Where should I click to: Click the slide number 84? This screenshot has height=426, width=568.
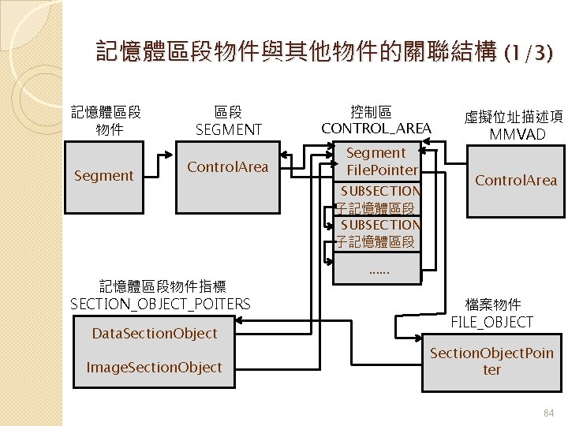click(549, 412)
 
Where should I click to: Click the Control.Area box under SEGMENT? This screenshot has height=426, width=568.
click(227, 167)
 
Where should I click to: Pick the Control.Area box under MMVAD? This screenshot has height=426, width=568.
click(515, 181)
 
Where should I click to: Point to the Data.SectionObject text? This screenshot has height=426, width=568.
click(154, 334)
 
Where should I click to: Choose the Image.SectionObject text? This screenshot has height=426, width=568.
click(154, 367)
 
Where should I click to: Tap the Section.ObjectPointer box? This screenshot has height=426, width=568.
click(491, 361)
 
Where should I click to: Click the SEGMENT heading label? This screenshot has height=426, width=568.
click(228, 129)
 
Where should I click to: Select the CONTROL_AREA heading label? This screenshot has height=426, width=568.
click(376, 128)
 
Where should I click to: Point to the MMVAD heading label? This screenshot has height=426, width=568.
click(517, 134)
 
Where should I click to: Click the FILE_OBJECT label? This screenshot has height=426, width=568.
click(491, 322)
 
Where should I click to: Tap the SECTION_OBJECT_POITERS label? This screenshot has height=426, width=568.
click(160, 304)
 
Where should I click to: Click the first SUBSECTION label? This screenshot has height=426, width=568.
click(380, 191)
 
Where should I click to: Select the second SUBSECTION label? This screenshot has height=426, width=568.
click(380, 225)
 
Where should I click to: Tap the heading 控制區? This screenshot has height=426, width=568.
click(370, 111)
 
